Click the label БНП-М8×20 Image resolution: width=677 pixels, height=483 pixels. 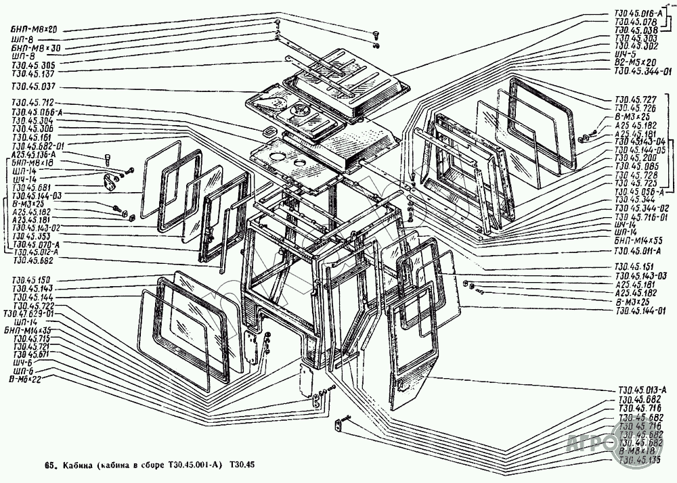pyautogui.click(x=32, y=30)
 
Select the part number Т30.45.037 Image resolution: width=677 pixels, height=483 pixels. pyautogui.click(x=32, y=87)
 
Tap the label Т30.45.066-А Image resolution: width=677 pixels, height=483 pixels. pyautogui.click(x=39, y=111)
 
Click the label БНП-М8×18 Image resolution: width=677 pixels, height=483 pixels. pyautogui.click(x=34, y=163)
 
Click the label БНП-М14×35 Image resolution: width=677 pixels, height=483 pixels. pyautogui.click(x=33, y=329)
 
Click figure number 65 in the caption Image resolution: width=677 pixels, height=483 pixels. pyautogui.click(x=49, y=466)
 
